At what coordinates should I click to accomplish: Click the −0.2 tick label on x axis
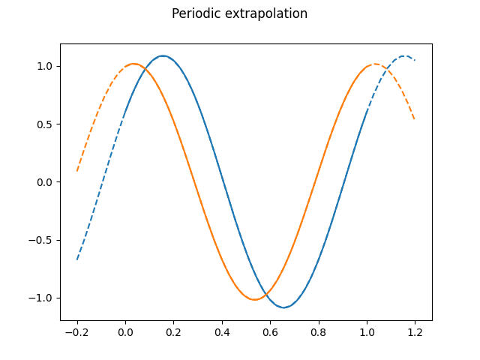pos(76,332)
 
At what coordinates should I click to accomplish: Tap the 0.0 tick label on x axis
pos(125,332)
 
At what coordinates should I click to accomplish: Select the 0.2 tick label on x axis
pos(173,332)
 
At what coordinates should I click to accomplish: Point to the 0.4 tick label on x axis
pos(222,332)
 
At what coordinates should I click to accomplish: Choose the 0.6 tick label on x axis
pos(270,332)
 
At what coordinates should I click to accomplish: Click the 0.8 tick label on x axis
pos(319,332)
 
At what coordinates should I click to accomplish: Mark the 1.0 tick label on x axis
pos(367,332)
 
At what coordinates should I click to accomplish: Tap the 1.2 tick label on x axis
pos(415,332)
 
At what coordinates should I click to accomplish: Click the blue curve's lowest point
pos(284,307)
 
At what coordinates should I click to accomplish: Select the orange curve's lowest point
pos(255,300)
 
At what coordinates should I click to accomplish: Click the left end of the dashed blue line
pos(77,259)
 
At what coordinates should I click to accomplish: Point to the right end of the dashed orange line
pos(415,119)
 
